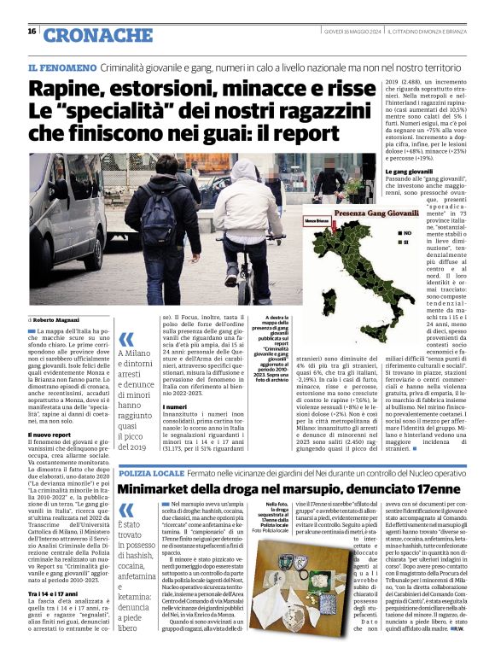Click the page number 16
pyautogui.click(x=32, y=32)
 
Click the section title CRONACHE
pyautogui.click(x=96, y=34)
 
